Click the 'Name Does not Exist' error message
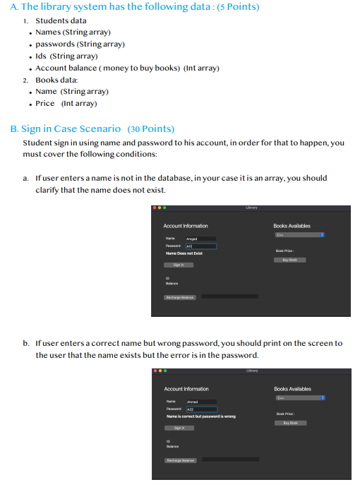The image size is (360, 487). (184, 252)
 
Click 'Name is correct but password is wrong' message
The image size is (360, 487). (200, 416)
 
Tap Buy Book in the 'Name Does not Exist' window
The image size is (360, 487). (290, 260)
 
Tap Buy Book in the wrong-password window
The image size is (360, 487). (290, 423)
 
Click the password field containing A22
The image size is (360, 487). (201, 409)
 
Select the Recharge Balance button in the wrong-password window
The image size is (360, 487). (180, 459)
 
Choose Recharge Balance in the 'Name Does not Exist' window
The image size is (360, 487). (180, 297)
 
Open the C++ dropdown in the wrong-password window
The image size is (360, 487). (300, 397)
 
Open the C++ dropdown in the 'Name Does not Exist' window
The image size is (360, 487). (300, 235)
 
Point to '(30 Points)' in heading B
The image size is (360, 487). (150, 129)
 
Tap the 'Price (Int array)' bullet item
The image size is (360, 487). (66, 103)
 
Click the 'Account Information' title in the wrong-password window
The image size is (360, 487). (186, 389)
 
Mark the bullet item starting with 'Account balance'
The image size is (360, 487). (127, 68)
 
